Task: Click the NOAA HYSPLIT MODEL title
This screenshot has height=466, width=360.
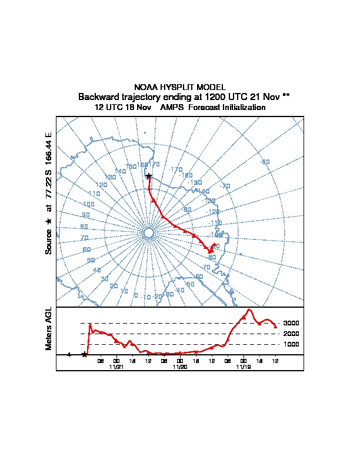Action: click(180, 87)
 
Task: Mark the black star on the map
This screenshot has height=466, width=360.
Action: click(148, 176)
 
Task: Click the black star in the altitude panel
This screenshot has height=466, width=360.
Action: click(85, 354)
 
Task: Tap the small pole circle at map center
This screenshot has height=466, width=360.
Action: click(148, 234)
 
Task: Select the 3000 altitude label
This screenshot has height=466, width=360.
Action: click(291, 323)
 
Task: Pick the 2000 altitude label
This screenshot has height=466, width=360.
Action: click(291, 334)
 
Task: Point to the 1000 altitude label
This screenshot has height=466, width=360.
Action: click(291, 344)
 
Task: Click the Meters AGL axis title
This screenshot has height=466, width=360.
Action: click(49, 328)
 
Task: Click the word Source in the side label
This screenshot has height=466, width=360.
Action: click(49, 241)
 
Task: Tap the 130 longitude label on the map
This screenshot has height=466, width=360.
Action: click(110, 177)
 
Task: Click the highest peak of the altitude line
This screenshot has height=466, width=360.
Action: click(249, 309)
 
